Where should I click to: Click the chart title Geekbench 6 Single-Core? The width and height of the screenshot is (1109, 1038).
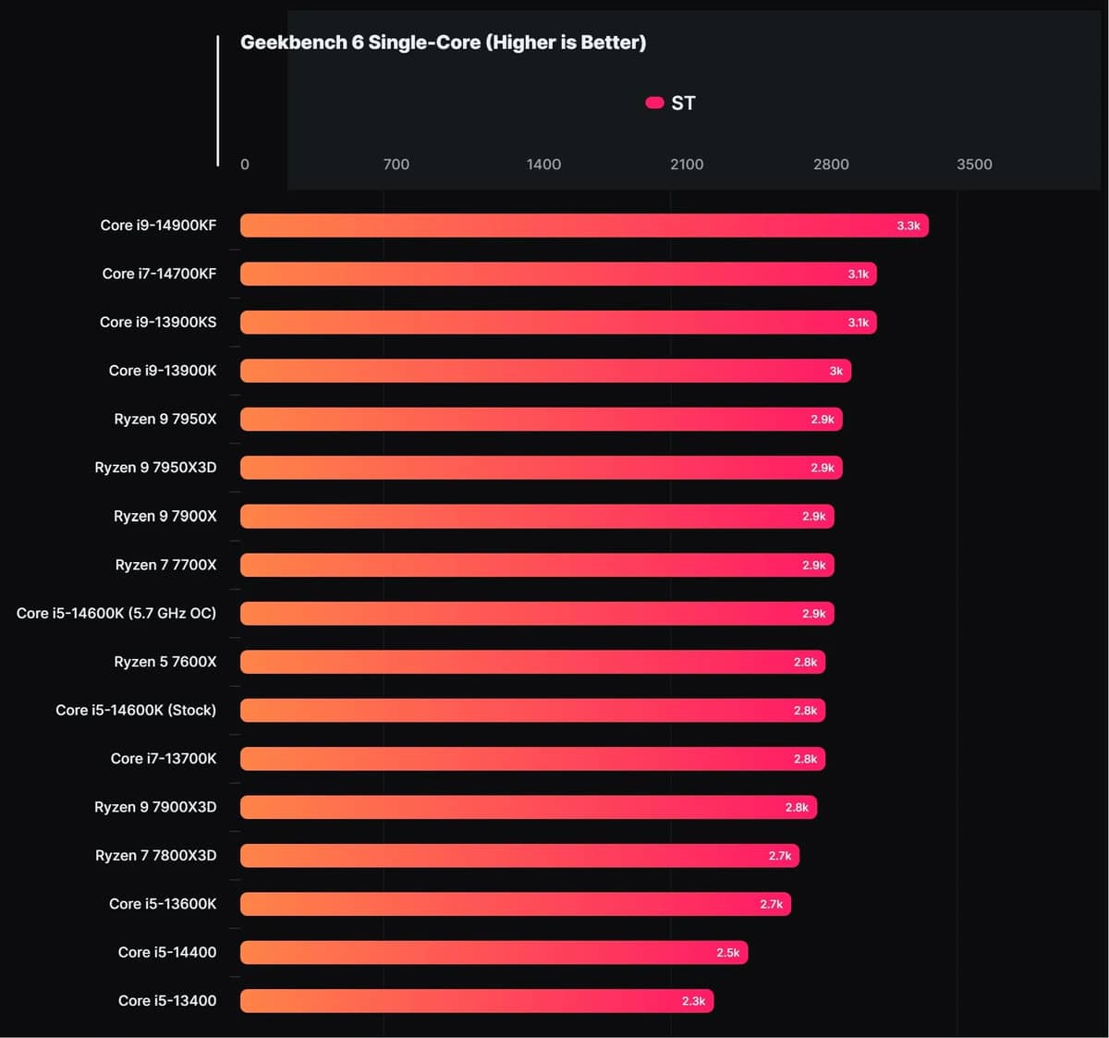[443, 43]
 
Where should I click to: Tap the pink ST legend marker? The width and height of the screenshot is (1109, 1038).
[654, 103]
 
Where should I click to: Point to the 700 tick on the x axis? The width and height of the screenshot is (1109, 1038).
[396, 165]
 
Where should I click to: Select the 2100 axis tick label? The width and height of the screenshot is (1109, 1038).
[687, 165]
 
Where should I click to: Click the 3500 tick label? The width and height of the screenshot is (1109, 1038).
[974, 165]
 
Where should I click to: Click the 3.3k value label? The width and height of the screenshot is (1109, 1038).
[908, 226]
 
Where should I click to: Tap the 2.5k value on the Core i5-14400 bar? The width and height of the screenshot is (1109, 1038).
[728, 953]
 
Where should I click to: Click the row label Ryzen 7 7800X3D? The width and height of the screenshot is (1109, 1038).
[155, 856]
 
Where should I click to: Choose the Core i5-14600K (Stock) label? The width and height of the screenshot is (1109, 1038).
[136, 710]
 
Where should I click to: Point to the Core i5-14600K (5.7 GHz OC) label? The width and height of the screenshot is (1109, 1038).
[116, 613]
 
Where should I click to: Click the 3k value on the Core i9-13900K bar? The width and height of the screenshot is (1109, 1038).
[835, 371]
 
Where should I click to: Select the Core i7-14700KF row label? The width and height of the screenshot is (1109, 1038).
[159, 274]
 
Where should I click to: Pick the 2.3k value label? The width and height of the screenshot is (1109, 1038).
[693, 1001]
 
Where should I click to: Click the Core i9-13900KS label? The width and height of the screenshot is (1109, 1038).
[158, 322]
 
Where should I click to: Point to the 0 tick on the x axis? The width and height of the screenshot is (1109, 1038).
[245, 165]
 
